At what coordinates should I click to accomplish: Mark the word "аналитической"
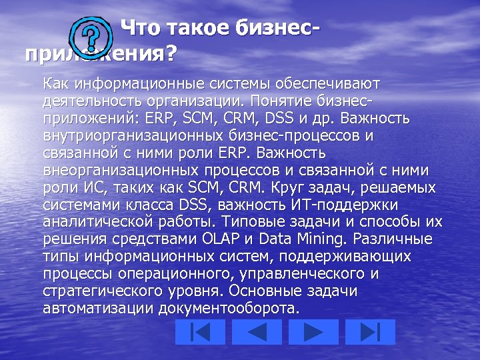97,221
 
